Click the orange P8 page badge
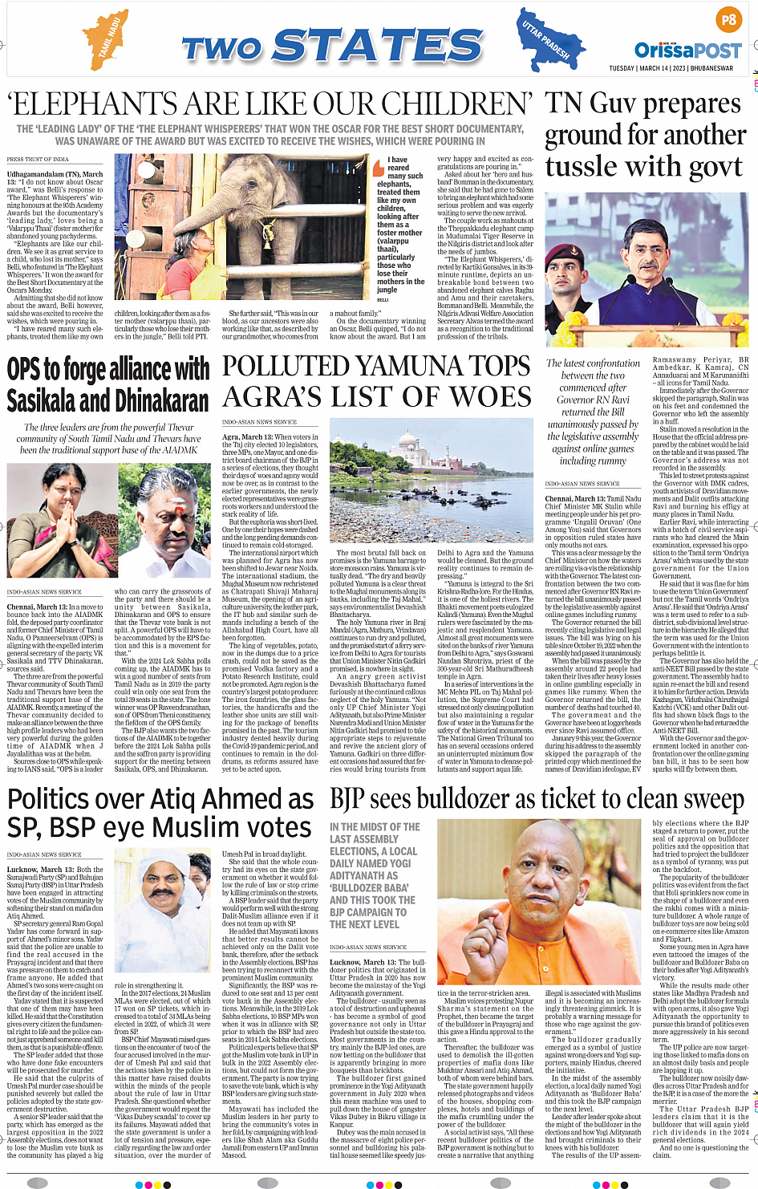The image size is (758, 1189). pyautogui.click(x=728, y=19)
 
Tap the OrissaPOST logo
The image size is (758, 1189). pyautogui.click(x=687, y=51)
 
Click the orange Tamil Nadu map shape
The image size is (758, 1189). pyautogui.click(x=107, y=39)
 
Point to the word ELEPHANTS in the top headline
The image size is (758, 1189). pyautogui.click(x=92, y=104)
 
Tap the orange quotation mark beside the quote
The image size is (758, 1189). pyautogui.click(x=379, y=168)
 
